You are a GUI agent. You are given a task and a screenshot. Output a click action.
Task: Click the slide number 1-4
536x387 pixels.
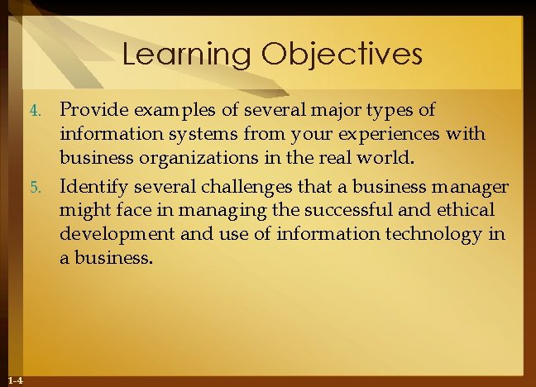click(14, 380)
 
